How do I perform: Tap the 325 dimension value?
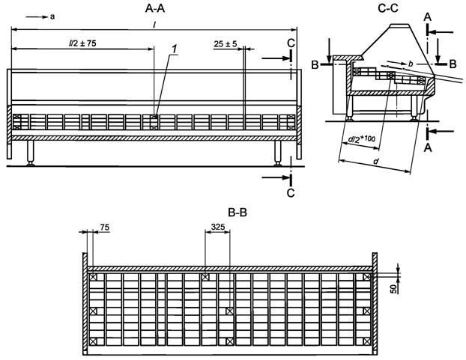[x=220, y=226]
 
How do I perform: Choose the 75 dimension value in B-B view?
[x=104, y=226]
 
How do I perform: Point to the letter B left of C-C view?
[x=316, y=66]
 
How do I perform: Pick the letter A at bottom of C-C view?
[x=426, y=147]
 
